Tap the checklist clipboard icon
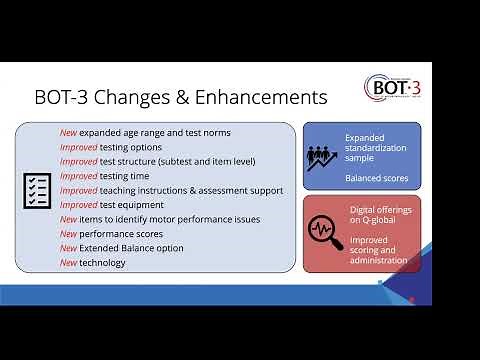[x=37, y=189]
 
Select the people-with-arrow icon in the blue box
[x=323, y=156]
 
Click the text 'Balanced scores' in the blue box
[x=376, y=179]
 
